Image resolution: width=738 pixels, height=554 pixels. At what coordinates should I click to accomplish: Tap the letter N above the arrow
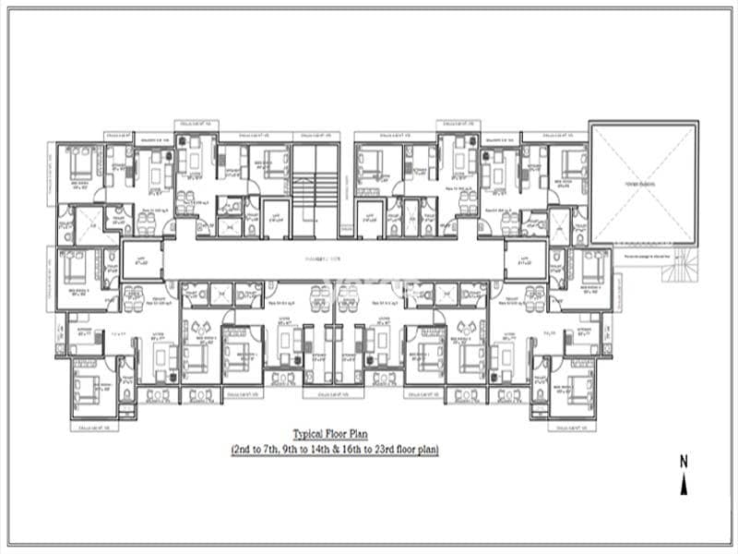click(x=684, y=460)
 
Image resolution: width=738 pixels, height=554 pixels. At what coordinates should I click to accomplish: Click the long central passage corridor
click(x=334, y=260)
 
